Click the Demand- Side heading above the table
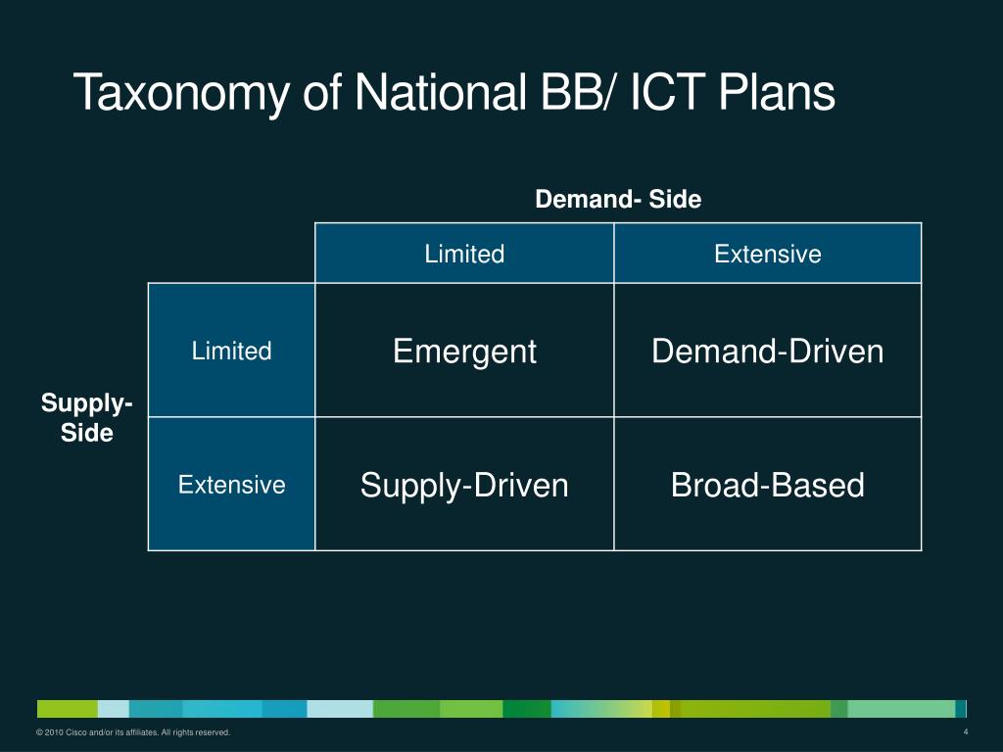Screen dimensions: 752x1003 pyautogui.click(x=618, y=200)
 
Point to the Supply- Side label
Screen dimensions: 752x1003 pyautogui.click(x=87, y=418)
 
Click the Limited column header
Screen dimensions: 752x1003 pyautogui.click(x=464, y=255)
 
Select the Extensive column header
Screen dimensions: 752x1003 pyautogui.click(x=768, y=255)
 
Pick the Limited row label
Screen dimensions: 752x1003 pyautogui.click(x=231, y=352)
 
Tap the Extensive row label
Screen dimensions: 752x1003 pyautogui.click(x=231, y=485)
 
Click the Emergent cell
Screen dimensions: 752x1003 pyautogui.click(x=464, y=352)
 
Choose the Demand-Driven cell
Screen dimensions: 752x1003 pyautogui.click(x=768, y=352)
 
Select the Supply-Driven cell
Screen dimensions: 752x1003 pyautogui.click(x=464, y=485)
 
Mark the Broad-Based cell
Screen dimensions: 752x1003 pyautogui.click(x=768, y=485)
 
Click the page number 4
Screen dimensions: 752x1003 pyautogui.click(x=966, y=733)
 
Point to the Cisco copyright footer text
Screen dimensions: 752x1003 pyautogui.click(x=133, y=733)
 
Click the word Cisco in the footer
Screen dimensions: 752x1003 pyautogui.click(x=76, y=733)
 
